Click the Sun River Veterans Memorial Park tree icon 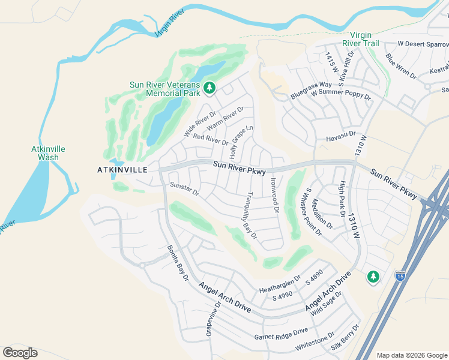[x=209, y=89]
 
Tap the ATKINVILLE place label [x=122, y=170]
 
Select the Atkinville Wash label [x=48, y=153]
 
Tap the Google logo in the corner [x=20, y=353]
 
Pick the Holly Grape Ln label [x=241, y=142]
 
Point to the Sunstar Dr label [x=184, y=188]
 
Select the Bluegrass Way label [x=311, y=90]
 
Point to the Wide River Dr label [x=199, y=124]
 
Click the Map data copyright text [x=412, y=355]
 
